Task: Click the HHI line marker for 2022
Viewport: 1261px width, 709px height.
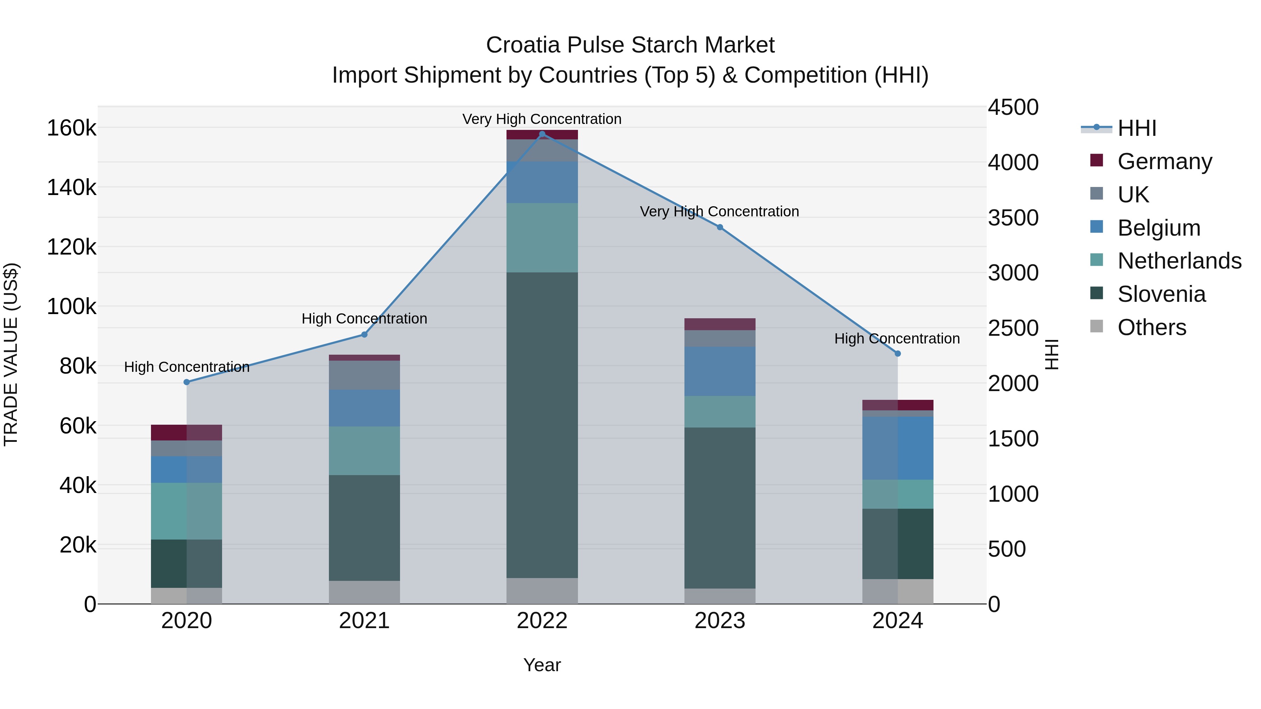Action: click(x=542, y=134)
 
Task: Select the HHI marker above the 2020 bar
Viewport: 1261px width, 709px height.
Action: click(x=186, y=382)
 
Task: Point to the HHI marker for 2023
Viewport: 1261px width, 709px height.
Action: click(x=719, y=227)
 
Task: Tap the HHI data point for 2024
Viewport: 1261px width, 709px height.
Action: click(x=897, y=353)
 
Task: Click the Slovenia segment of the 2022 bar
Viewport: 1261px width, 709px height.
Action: click(x=542, y=425)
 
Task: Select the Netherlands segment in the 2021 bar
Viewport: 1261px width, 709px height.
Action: click(x=364, y=450)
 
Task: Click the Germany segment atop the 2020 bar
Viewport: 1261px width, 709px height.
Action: click(x=186, y=432)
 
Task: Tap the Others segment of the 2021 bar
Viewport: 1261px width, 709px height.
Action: click(x=364, y=592)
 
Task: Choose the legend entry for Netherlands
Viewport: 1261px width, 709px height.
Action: click(x=1179, y=261)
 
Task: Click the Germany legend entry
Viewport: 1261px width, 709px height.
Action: click(x=1165, y=161)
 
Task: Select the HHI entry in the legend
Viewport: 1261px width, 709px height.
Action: click(x=1137, y=128)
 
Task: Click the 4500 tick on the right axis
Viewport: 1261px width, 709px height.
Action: click(x=1013, y=107)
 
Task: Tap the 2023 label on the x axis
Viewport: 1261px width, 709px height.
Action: click(x=719, y=621)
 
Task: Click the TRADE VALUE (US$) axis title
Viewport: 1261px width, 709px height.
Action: click(x=11, y=354)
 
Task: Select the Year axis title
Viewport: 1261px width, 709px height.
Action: click(x=542, y=665)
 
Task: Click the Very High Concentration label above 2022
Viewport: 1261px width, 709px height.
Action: click(x=542, y=119)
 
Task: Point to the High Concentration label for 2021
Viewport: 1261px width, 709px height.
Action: click(x=364, y=319)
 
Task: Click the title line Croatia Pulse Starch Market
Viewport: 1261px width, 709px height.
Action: click(x=630, y=45)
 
